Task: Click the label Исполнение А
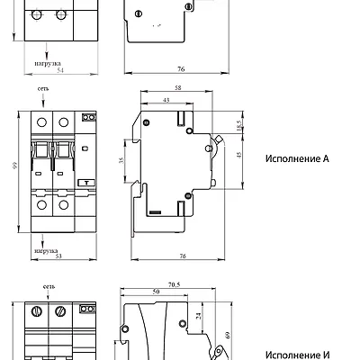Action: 297,158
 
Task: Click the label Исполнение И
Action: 298,355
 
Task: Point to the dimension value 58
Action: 178,88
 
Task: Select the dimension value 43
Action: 166,100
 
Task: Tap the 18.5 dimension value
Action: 238,125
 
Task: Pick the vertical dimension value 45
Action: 239,155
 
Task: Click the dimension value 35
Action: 121,160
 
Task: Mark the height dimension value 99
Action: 15,165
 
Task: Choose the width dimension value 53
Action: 58,256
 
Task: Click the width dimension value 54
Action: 60,70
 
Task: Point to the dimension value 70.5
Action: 174,284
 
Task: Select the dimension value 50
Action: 156,292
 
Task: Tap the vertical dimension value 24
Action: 199,316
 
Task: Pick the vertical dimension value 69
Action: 228,335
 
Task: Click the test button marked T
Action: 87,183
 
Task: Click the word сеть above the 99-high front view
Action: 43,89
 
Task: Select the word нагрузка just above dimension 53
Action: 46,251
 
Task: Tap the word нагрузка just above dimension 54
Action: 48,63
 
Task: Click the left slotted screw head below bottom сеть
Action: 37,311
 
